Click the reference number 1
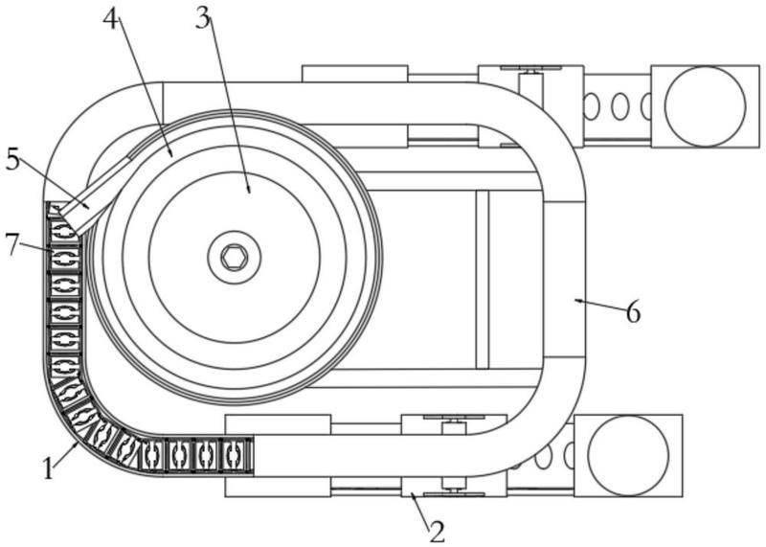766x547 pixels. [x=47, y=467]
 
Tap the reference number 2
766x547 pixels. [x=438, y=532]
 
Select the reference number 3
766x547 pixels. [x=203, y=18]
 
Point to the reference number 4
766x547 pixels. [x=112, y=18]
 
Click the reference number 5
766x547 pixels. [x=13, y=160]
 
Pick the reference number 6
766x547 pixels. [x=633, y=312]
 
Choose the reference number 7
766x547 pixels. [x=13, y=244]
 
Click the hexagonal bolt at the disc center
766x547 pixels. [x=234, y=257]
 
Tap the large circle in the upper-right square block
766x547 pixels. [x=706, y=106]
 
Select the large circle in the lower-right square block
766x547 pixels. [x=628, y=456]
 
